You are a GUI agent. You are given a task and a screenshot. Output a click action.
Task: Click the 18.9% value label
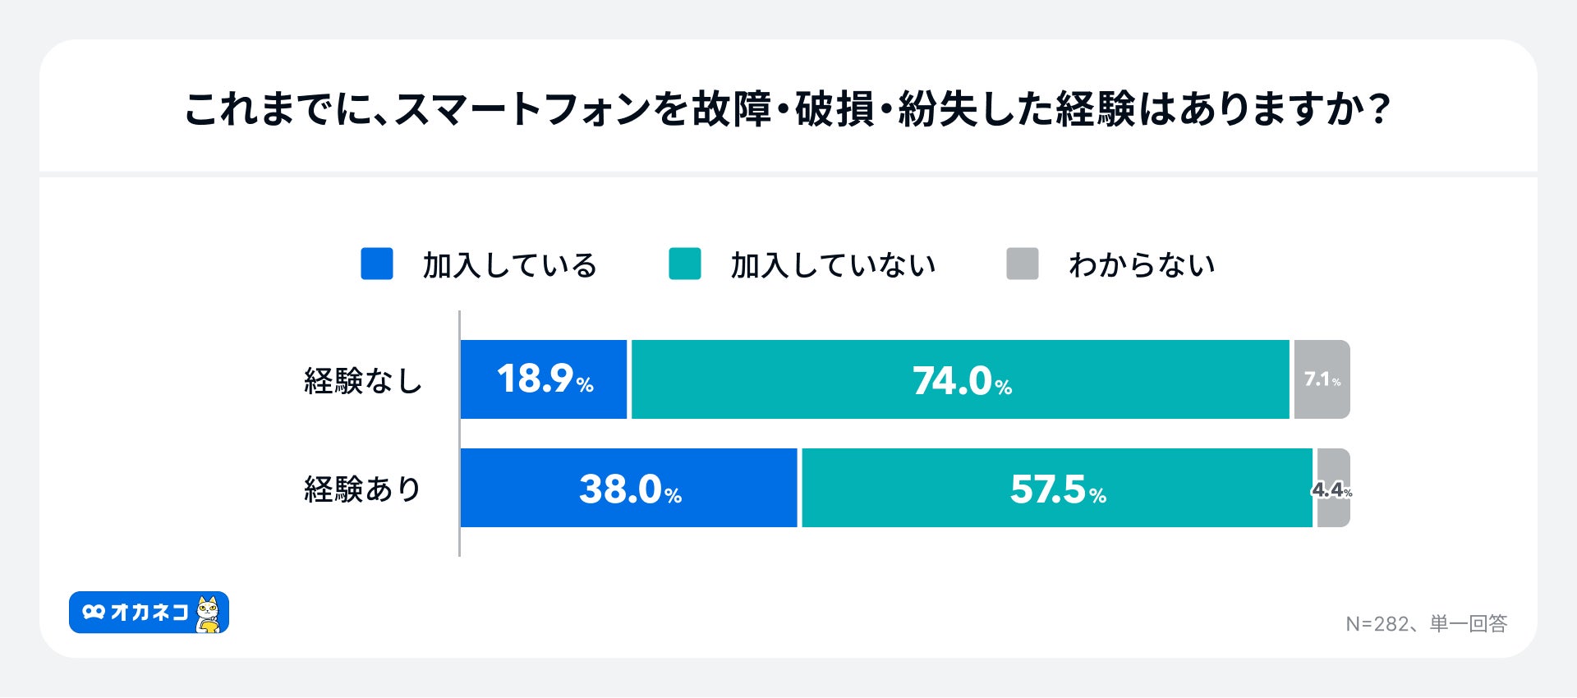click(545, 379)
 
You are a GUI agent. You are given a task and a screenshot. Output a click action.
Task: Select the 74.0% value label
click(962, 381)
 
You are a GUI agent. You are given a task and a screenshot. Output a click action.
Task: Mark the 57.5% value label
click(1058, 489)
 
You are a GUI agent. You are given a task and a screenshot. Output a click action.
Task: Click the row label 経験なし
click(363, 381)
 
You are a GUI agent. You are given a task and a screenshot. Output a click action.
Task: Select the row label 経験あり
click(363, 489)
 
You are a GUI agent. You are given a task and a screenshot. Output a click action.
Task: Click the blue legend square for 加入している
click(377, 264)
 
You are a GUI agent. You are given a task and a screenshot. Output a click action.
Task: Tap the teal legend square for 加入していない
click(685, 264)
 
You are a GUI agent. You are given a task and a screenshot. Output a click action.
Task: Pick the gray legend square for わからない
click(1023, 264)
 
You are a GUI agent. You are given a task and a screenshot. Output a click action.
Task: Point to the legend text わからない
click(1142, 265)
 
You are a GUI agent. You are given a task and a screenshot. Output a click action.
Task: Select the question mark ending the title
click(1380, 109)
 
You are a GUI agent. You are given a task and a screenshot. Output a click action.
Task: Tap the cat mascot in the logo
click(209, 614)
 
